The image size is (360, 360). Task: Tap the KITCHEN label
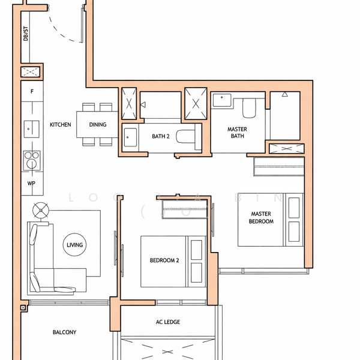click(61, 125)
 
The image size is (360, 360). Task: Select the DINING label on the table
click(98, 125)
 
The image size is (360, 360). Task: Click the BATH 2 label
click(160, 137)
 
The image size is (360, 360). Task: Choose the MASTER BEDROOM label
click(261, 218)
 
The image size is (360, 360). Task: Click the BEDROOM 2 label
click(164, 260)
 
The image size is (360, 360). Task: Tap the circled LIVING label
click(75, 245)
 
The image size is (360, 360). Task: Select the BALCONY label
click(64, 332)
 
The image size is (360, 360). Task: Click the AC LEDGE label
click(168, 322)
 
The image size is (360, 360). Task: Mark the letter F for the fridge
click(32, 93)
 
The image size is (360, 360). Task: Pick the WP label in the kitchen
click(32, 183)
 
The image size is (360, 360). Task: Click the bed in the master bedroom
click(270, 220)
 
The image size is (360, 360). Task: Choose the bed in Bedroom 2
click(173, 261)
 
